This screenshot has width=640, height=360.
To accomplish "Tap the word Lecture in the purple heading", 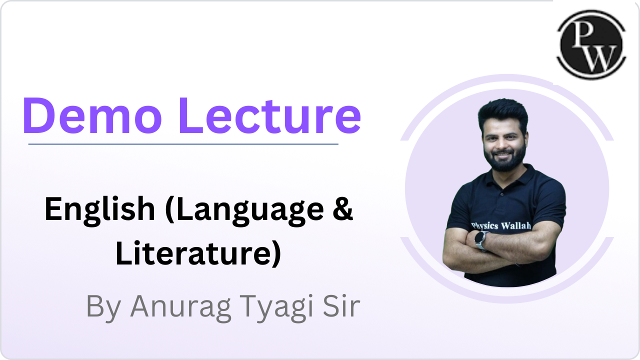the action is [x=269, y=115].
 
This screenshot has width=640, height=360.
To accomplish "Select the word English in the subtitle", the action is [x=99, y=210].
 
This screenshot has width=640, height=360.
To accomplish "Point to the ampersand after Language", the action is [x=342, y=208].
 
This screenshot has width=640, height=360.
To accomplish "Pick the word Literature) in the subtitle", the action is [x=198, y=253].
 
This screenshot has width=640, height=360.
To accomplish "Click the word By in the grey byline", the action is [x=103, y=307].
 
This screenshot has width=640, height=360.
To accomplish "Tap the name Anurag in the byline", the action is [x=180, y=307].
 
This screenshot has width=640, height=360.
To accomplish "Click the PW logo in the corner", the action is [x=591, y=44].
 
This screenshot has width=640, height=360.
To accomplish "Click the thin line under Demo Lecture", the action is [x=183, y=144].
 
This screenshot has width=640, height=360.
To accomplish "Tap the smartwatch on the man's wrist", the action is [x=481, y=241].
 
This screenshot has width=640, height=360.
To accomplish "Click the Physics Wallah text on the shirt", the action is [x=501, y=225].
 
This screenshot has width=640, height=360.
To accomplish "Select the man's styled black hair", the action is [x=503, y=113].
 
